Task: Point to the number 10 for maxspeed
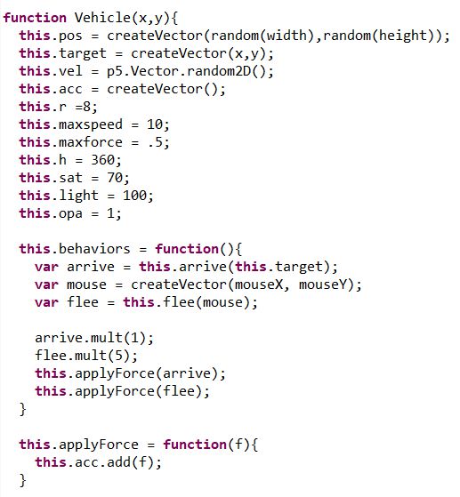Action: pyautogui.click(x=155, y=124)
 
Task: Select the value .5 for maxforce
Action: pyautogui.click(x=156, y=142)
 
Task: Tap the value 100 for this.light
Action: pyautogui.click(x=134, y=196)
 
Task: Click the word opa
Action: pyautogui.click(x=70, y=213)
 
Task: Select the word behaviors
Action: pyautogui.click(x=94, y=249)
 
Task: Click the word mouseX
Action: pyautogui.click(x=259, y=285)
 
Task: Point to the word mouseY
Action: pyautogui.click(x=323, y=285)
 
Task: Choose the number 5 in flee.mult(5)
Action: pyautogui.click(x=118, y=356)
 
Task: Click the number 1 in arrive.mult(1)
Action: pyautogui.click(x=134, y=338)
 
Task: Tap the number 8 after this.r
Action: pyautogui.click(x=86, y=107)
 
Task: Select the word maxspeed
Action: pyautogui.click(x=91, y=124)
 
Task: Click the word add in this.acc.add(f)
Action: pyautogui.click(x=118, y=461)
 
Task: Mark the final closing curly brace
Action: pyautogui.click(x=23, y=480)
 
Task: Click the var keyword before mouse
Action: pyautogui.click(x=46, y=285)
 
